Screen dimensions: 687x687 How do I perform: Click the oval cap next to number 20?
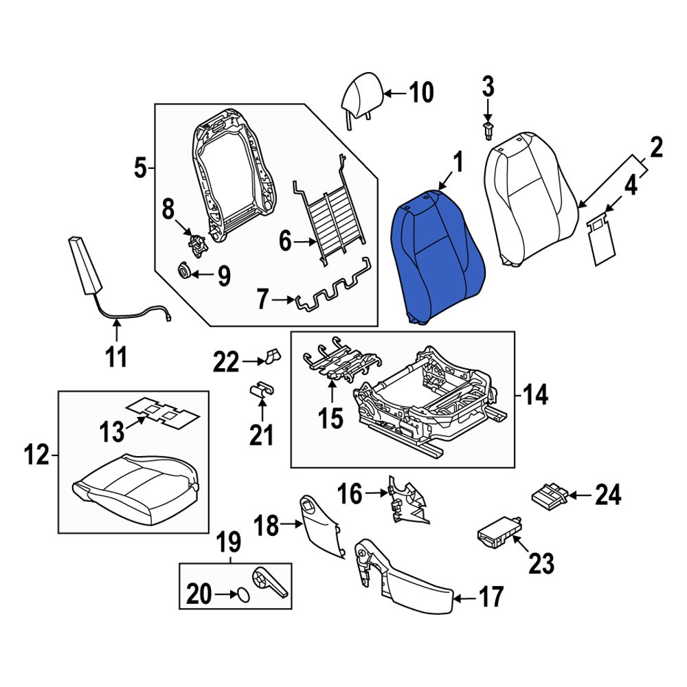tap(243, 595)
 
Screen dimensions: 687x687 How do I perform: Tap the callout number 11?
tap(116, 357)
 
